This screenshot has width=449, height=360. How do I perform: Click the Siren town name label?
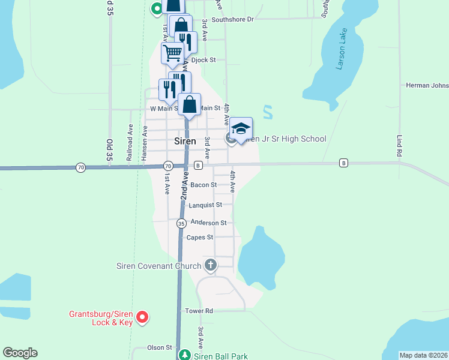[185, 141]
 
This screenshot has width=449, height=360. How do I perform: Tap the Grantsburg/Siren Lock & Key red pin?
[142, 316]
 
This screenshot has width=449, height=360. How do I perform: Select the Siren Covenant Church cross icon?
[210, 265]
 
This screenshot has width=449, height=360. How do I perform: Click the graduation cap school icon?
[241, 129]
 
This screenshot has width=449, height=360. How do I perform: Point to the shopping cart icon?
[172, 52]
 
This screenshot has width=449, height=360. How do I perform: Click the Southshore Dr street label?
[231, 19]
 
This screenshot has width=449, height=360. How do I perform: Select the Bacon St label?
[203, 185]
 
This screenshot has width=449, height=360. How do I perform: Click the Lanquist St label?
[205, 205]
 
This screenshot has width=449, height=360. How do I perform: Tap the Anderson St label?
[208, 223]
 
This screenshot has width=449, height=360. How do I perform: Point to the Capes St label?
[200, 237]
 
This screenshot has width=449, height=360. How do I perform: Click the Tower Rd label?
[199, 311]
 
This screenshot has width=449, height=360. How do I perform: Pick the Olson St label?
[160, 347]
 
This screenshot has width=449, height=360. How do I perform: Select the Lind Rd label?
[400, 146]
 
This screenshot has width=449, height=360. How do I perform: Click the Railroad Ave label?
[129, 143]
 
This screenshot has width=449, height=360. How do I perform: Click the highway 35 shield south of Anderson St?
[181, 223]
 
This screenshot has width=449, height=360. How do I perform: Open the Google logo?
[20, 353]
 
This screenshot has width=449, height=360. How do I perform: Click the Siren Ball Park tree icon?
[186, 355]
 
